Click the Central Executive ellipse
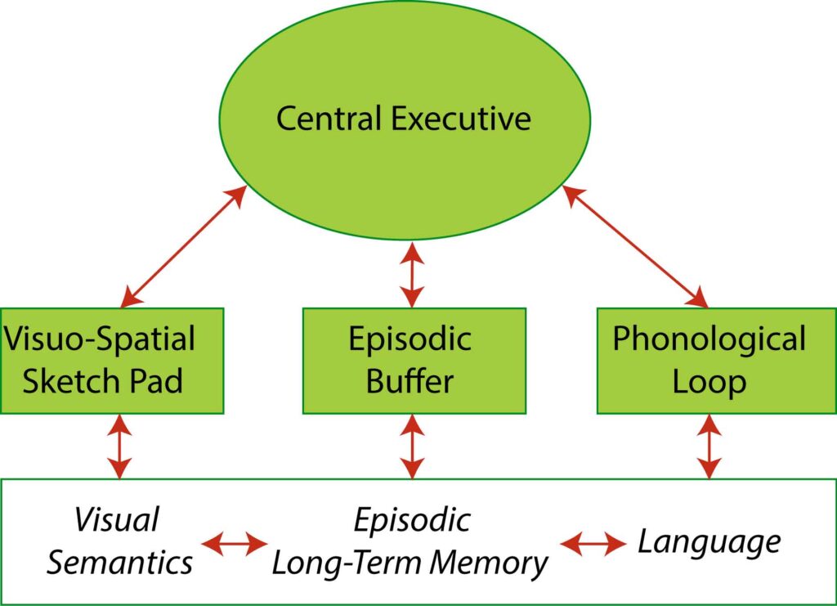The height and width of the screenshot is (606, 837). pos(404,74)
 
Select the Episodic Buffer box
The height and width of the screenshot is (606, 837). pos(414,360)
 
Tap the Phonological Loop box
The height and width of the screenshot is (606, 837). pos(709,360)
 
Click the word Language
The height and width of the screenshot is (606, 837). pos(709,541)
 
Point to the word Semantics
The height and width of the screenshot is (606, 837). pos(119,563)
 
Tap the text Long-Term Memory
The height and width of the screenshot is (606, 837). pos(409,563)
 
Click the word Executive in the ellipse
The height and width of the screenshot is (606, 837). pos(462,119)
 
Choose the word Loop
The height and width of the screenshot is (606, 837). pos(709,381)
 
